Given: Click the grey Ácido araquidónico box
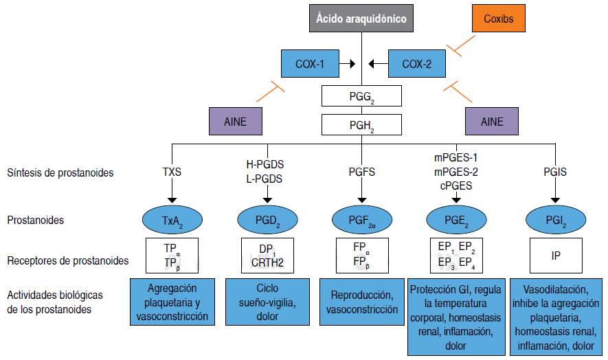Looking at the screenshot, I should point(362,19).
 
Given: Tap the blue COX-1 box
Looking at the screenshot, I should point(310,64).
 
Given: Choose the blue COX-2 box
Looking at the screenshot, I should point(417,64).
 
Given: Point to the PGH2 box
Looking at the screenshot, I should point(362,125).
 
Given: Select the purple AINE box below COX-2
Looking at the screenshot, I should point(492,122).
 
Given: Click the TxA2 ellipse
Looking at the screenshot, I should point(172,221).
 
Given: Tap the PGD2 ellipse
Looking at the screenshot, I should point(267,221).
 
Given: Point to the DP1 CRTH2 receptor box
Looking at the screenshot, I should point(267,255).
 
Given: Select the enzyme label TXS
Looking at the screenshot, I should point(172,172).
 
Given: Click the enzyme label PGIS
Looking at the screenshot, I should point(555,172).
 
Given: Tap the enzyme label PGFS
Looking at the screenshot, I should point(362,172).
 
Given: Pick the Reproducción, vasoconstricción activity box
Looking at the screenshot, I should point(362,303).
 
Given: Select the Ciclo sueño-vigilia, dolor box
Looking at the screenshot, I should point(267,303).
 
